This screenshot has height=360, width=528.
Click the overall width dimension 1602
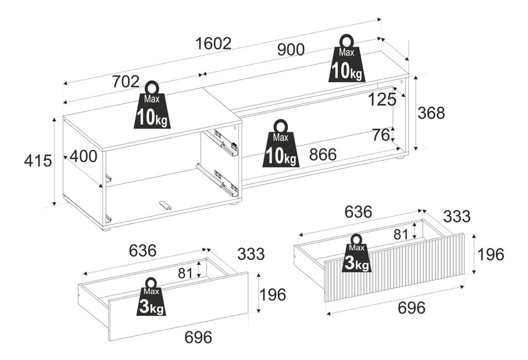(x=213, y=44)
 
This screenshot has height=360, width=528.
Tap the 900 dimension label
(x=291, y=49)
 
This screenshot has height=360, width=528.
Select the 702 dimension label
(x=126, y=81)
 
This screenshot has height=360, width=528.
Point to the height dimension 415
(x=38, y=161)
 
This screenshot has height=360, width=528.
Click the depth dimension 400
(x=84, y=156)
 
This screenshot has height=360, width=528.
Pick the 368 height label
(x=431, y=113)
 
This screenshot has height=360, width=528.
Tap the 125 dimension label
(x=383, y=99)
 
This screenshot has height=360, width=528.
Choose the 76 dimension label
(x=381, y=135)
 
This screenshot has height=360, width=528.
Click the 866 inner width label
(x=323, y=155)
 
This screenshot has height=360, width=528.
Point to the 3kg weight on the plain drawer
(x=151, y=297)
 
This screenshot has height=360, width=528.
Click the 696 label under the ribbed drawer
(x=412, y=308)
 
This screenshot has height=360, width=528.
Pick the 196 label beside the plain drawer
(x=273, y=295)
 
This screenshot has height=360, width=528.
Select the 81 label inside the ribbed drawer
(x=401, y=234)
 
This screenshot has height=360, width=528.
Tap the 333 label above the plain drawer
(x=251, y=254)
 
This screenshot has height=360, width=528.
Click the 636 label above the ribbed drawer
(x=358, y=212)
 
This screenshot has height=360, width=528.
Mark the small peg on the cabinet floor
(x=165, y=205)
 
